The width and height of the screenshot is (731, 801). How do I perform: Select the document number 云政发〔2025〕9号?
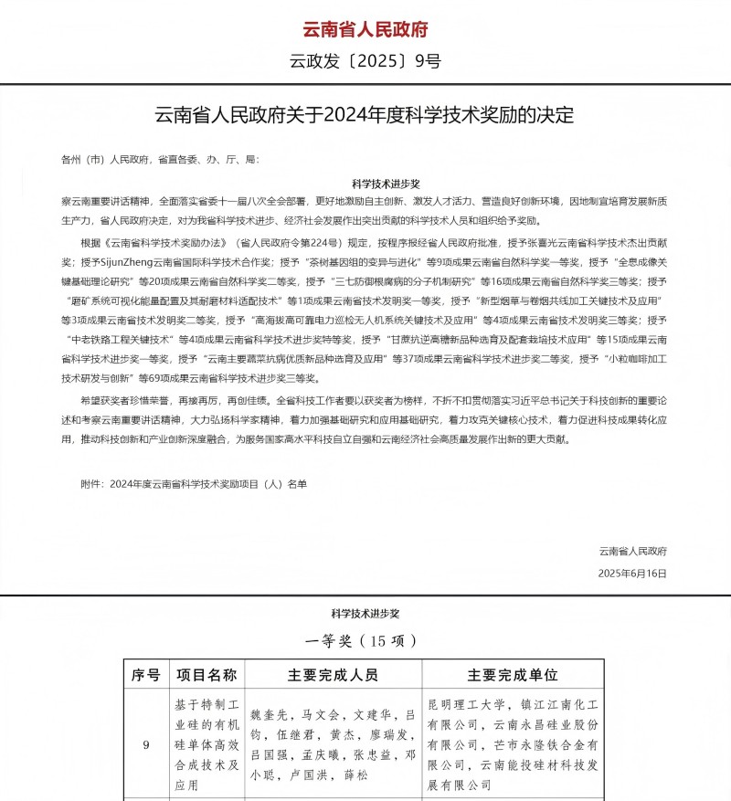(365, 62)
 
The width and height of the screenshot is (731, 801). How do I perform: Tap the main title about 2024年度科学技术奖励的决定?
(365, 116)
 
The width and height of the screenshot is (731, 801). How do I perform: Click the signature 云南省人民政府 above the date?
(633, 551)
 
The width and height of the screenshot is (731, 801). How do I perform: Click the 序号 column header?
(146, 675)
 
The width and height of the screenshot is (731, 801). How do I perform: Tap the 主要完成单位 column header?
(513, 675)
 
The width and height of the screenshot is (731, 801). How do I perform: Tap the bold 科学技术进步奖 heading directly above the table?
(365, 613)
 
